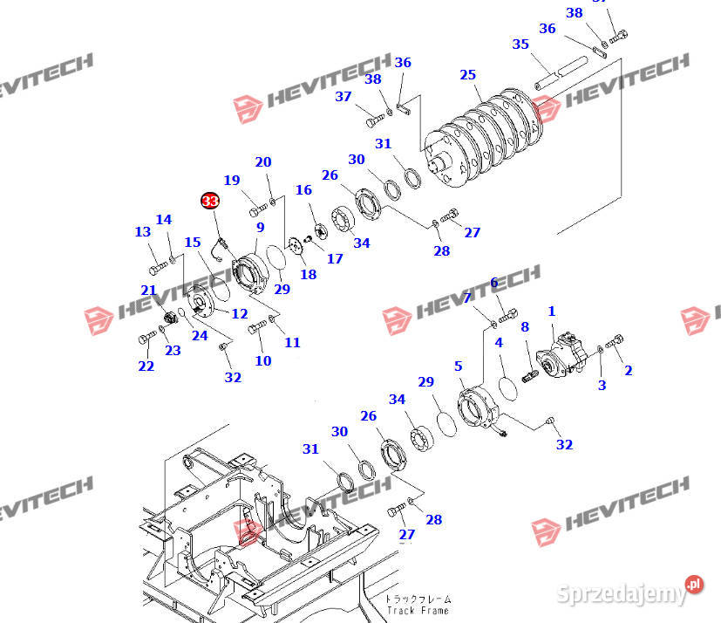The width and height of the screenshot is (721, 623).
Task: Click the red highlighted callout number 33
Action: click(209, 202)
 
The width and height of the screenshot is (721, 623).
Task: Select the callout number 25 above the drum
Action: click(468, 75)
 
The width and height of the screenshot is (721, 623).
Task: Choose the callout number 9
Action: click(260, 228)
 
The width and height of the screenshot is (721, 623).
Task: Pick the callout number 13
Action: click(142, 231)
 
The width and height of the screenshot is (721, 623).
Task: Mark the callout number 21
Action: click(148, 291)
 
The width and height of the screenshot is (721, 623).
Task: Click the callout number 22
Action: click(146, 366)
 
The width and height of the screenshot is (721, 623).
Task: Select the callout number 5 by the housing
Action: click(458, 366)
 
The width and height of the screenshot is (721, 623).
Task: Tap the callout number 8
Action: click(524, 327)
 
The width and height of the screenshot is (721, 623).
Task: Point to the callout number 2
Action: click(629, 370)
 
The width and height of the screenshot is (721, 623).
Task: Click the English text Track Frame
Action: click(418, 612)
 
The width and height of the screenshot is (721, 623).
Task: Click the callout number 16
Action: click(303, 190)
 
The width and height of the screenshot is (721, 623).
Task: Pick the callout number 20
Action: click(262, 162)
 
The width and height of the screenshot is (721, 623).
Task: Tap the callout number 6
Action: click(493, 282)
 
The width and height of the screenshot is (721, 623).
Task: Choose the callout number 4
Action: click(499, 343)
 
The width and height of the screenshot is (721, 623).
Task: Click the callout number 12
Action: click(239, 313)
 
